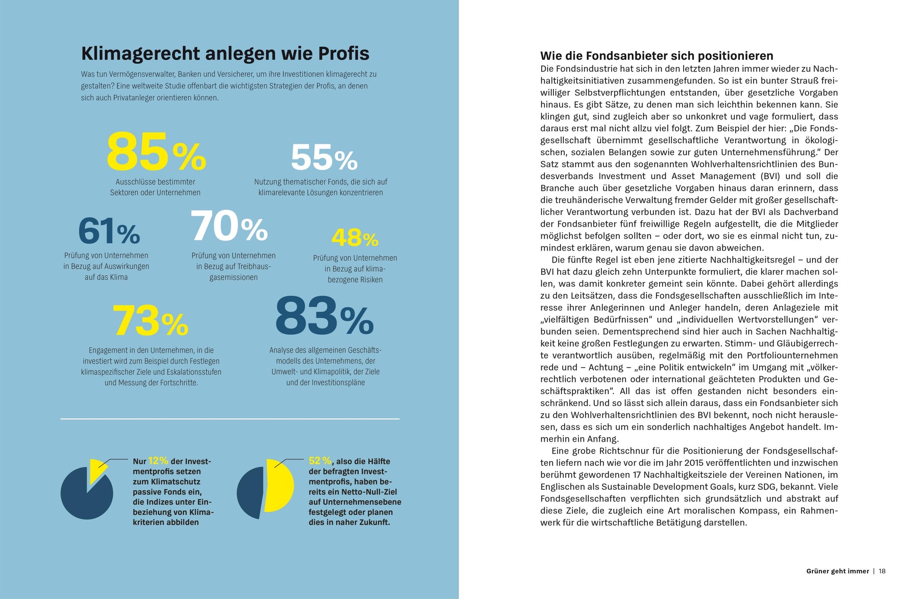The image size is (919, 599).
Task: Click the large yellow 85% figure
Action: (156, 152)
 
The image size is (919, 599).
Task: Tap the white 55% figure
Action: (324, 158)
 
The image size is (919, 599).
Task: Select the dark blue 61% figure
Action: (109, 231)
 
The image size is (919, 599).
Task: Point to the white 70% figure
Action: (229, 226)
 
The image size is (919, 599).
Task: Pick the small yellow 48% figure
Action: (355, 237)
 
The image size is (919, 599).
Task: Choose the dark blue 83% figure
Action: (324, 317)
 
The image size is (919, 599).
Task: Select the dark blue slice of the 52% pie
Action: (250, 493)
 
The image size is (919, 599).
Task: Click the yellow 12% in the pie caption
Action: (158, 461)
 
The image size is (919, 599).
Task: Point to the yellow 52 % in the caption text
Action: (320, 461)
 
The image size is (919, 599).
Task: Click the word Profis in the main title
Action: (344, 54)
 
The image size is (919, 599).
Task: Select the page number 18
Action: (882, 571)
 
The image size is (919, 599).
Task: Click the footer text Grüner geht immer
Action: (837, 571)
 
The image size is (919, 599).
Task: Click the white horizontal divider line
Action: (230, 419)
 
